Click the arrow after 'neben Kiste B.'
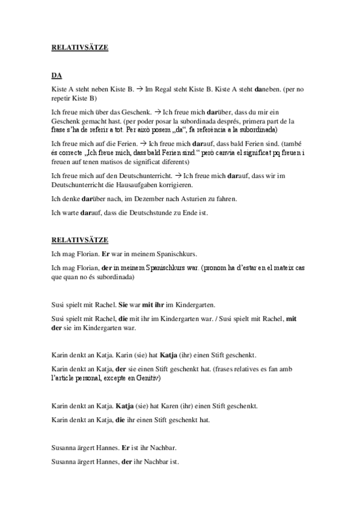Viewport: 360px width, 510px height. coord(138,89)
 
